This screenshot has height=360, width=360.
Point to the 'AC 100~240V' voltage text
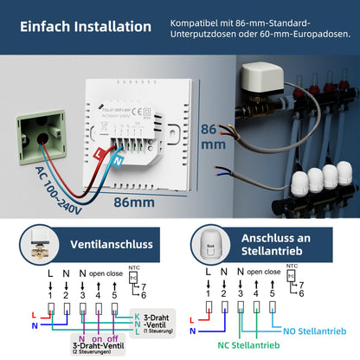(58, 183)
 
